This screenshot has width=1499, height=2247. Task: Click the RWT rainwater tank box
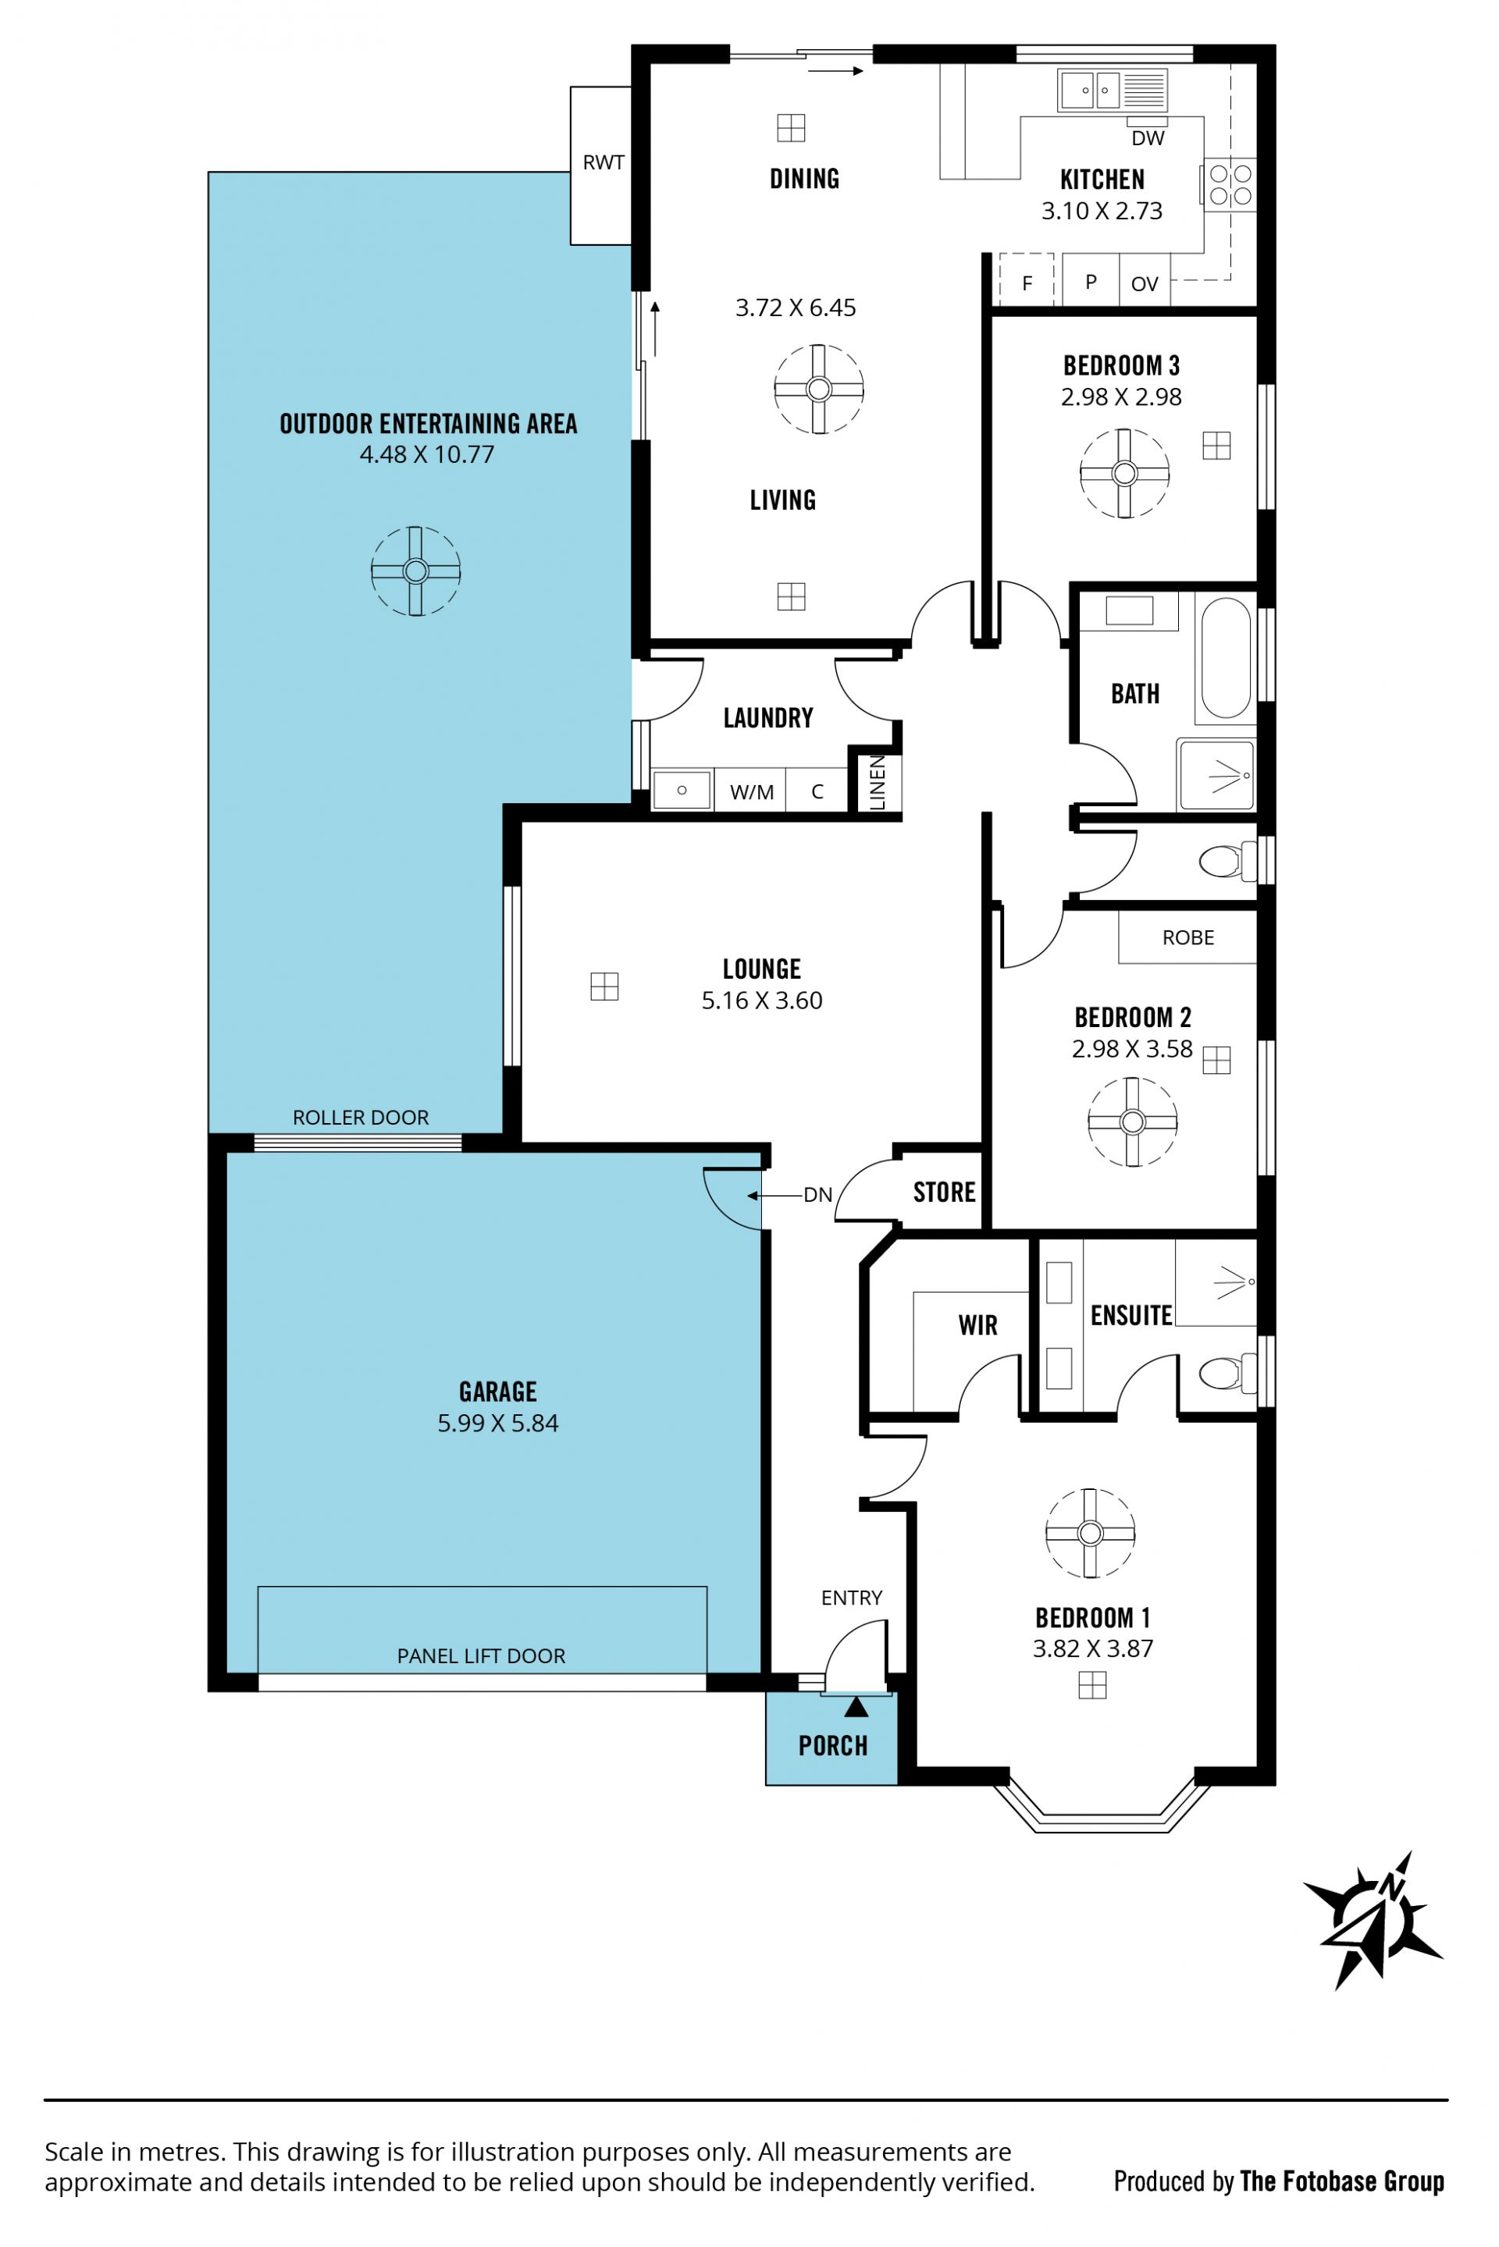click(x=601, y=165)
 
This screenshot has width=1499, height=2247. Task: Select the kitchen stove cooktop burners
click(x=1230, y=184)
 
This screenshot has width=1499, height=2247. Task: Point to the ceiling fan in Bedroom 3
click(x=1124, y=473)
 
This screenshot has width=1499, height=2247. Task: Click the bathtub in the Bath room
click(x=1225, y=658)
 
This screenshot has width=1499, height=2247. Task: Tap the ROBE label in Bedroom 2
click(x=1187, y=937)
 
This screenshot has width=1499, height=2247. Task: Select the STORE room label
click(x=944, y=1192)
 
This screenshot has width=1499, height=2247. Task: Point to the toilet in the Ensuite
click(x=1227, y=1374)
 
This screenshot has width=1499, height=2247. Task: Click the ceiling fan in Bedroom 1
click(x=1090, y=1533)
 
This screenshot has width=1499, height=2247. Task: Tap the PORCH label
click(x=833, y=1746)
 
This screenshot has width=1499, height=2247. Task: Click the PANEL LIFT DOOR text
click(x=481, y=1655)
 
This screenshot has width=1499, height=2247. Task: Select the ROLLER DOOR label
click(x=361, y=1118)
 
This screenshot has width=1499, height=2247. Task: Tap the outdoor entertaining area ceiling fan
click(x=416, y=571)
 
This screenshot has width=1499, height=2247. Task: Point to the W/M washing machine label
click(x=751, y=792)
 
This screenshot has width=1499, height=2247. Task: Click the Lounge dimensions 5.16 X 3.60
click(x=762, y=1000)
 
